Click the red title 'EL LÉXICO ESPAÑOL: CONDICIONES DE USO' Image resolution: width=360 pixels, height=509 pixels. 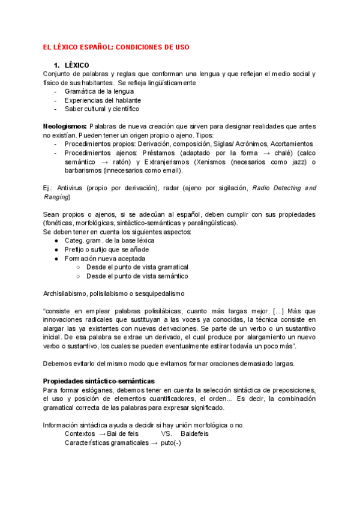[x=121, y=47]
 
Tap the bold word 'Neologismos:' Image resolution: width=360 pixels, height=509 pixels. [x=65, y=127]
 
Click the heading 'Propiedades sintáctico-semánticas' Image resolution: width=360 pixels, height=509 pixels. [x=99, y=381]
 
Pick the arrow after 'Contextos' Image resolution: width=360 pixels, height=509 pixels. [x=102, y=433]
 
